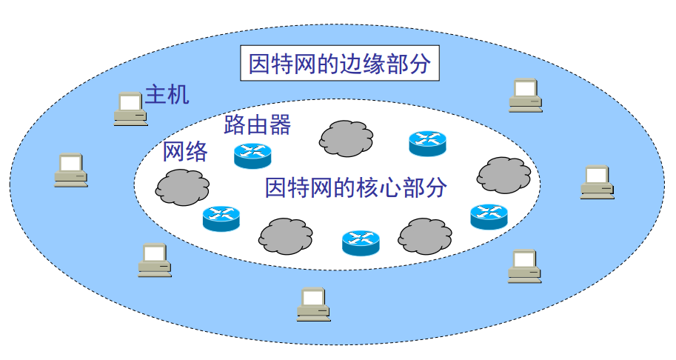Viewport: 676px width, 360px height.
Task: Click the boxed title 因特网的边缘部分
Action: coord(339,64)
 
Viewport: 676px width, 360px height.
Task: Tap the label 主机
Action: coord(167,94)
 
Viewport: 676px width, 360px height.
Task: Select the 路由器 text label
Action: coord(257,124)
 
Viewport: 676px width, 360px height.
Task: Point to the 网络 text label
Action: coord(185,152)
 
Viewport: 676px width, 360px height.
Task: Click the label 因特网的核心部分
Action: coord(355,187)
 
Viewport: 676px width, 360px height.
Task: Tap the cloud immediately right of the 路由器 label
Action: coord(346,137)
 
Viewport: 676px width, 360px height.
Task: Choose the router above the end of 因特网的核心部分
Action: coord(427,143)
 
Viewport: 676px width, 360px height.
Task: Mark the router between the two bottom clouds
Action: coord(361,242)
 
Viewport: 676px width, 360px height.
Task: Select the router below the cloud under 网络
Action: coord(221,218)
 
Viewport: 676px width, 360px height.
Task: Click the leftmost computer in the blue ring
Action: coord(71,170)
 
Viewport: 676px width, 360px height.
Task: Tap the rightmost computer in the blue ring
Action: coord(597,181)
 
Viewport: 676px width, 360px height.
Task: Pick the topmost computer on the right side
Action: coord(525,95)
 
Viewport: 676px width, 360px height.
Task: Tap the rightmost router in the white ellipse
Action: coord(489,216)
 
